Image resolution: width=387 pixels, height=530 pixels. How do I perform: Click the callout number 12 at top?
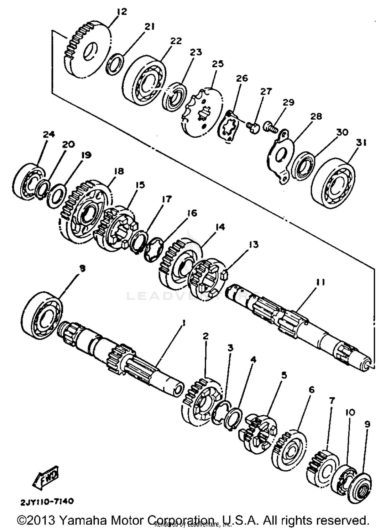coord(122,12)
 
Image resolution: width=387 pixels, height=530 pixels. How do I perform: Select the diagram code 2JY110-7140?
coord(47,501)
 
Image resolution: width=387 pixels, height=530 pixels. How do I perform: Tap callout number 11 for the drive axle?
coord(320,283)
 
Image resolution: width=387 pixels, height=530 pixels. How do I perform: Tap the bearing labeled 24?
coord(28,180)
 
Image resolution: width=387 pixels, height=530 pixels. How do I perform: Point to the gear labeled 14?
coord(178,263)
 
